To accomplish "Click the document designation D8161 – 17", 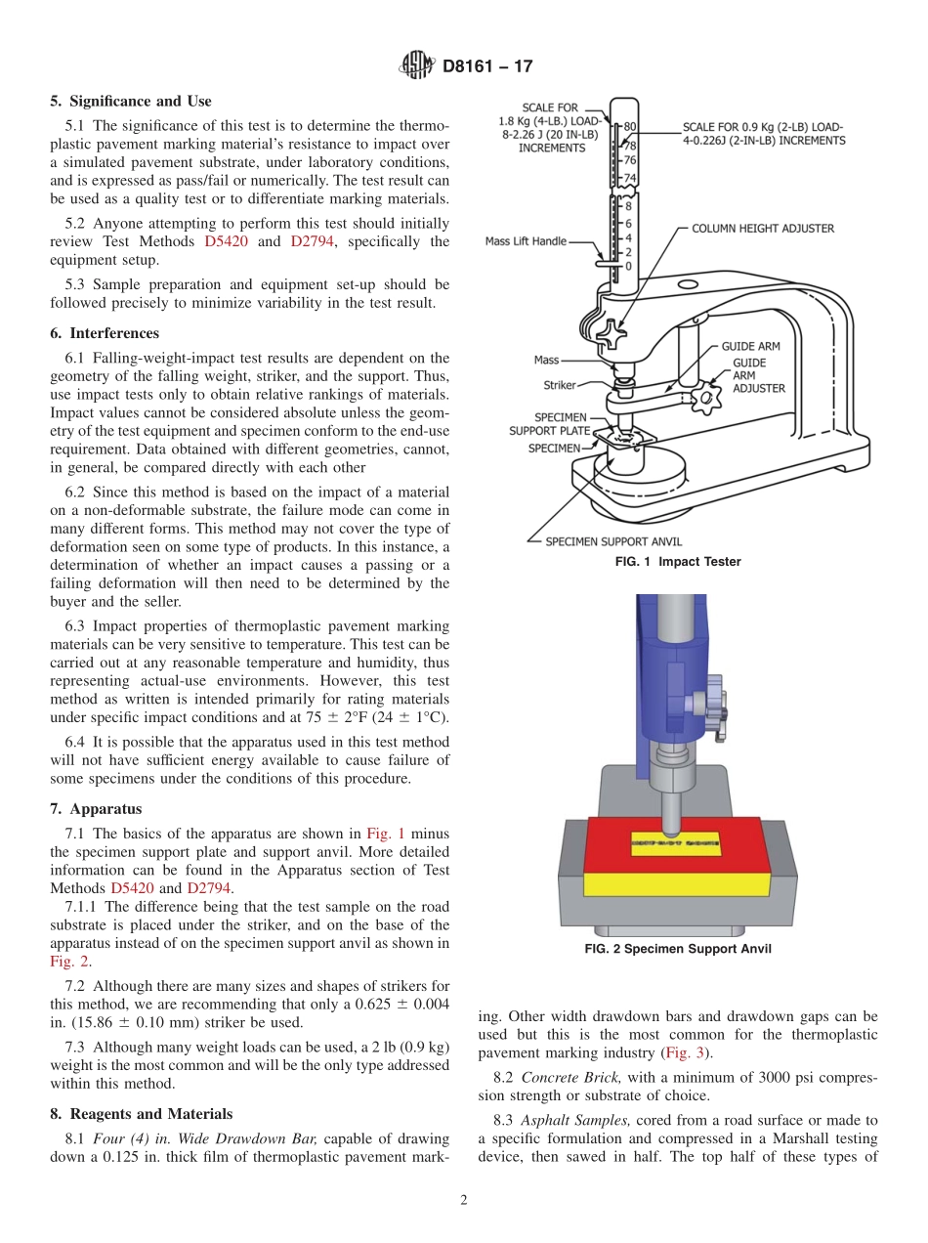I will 487,67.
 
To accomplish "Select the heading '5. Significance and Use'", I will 130,102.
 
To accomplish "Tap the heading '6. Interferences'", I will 105,333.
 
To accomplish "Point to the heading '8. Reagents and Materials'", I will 141,1114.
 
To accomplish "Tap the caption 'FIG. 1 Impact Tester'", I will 677,562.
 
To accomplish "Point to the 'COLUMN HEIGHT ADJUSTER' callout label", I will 763,229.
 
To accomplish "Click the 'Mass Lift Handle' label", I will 526,241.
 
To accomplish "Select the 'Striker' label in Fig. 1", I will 560,385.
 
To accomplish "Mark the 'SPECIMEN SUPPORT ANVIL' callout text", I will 613,541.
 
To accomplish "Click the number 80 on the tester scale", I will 630,126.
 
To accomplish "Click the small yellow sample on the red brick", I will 674,841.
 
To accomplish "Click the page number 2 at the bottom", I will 463,1201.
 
